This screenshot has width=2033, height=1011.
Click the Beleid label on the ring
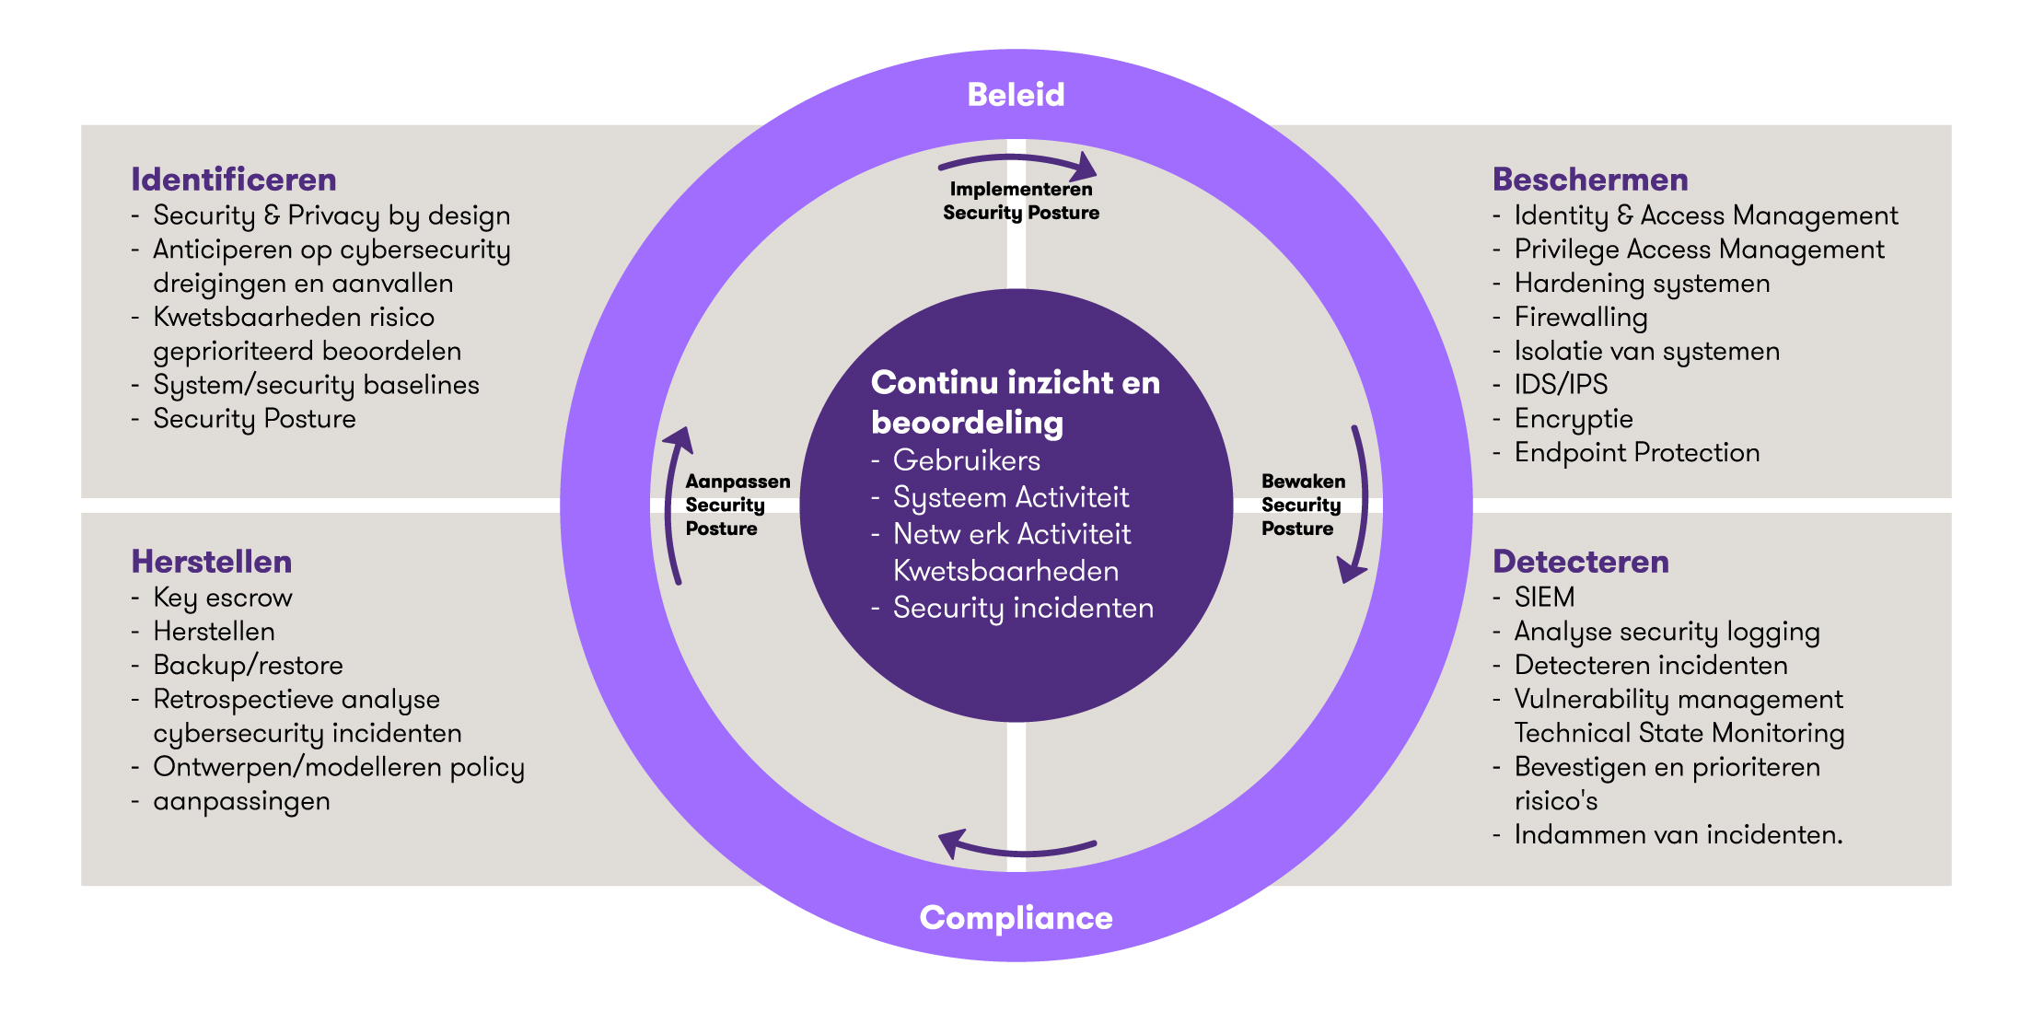(1016, 95)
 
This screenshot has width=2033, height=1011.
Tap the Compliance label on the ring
(1016, 918)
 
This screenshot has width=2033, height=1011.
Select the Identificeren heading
(233, 180)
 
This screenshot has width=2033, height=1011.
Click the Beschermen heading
(1589, 180)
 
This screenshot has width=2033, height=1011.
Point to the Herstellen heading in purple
(211, 562)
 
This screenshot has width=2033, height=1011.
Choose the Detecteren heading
(1580, 562)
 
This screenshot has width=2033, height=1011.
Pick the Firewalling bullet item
(1580, 318)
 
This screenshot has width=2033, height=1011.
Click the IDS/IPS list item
(1561, 385)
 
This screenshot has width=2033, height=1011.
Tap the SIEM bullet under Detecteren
(1544, 598)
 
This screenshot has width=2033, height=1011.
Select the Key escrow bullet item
(222, 598)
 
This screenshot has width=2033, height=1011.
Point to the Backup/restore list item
(248, 666)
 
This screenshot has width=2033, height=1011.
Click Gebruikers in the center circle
(966, 460)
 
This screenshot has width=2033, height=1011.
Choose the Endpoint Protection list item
(1636, 453)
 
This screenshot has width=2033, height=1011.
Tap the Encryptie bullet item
(1573, 419)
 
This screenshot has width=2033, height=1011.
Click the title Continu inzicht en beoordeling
(1015, 402)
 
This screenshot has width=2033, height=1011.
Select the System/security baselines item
(316, 385)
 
